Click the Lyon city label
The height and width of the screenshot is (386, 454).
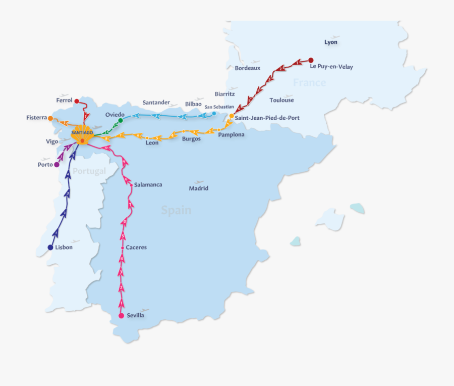tap(331, 42)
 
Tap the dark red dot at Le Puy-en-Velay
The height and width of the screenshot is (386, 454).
tap(311, 60)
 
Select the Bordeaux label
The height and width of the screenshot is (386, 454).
tap(248, 68)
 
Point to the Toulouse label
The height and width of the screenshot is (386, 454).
tap(281, 100)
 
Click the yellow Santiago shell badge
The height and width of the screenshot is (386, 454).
tap(82, 133)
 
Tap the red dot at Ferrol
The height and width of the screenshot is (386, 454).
tap(77, 101)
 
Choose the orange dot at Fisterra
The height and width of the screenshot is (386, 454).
tap(50, 118)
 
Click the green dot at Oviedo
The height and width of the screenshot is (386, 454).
tap(121, 120)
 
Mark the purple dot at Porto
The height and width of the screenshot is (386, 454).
tap(56, 165)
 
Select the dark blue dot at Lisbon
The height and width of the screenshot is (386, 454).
tap(50, 248)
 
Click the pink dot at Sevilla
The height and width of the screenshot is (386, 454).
tap(121, 316)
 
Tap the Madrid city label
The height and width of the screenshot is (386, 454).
tap(198, 188)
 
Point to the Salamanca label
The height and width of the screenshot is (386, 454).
tap(148, 185)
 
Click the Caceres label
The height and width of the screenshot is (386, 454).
tap(136, 248)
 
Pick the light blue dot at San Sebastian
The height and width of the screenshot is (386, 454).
tap(214, 114)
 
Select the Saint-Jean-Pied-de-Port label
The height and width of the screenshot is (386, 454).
tap(267, 118)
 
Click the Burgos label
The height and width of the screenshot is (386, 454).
tap(191, 138)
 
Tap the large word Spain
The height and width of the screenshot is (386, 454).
tap(176, 210)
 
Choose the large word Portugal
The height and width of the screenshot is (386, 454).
tap(89, 171)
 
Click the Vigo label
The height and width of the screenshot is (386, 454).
tap(52, 141)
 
